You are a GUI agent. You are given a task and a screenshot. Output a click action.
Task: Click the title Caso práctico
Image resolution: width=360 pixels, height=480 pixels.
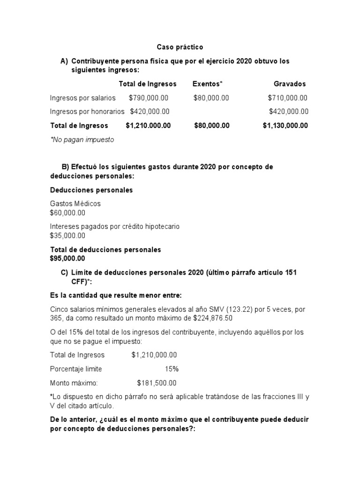pyautogui.click(x=180, y=47)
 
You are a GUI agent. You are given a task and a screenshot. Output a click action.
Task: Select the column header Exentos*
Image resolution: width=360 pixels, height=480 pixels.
pyautogui.click(x=207, y=84)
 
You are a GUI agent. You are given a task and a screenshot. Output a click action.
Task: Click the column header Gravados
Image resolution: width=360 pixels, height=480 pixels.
pyautogui.click(x=289, y=84)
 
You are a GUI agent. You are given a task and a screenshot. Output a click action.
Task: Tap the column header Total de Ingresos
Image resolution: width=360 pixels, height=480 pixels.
pyautogui.click(x=148, y=84)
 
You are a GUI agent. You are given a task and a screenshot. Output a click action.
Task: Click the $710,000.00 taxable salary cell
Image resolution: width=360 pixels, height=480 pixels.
pyautogui.click(x=287, y=98)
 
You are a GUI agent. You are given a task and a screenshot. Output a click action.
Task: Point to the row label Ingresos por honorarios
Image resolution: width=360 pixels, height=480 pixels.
pyautogui.click(x=87, y=112)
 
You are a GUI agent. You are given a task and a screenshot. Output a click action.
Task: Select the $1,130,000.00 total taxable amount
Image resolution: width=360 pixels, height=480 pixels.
pyautogui.click(x=285, y=126)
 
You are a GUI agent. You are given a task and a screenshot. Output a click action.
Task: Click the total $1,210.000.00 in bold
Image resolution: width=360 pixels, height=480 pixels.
pyautogui.click(x=148, y=126)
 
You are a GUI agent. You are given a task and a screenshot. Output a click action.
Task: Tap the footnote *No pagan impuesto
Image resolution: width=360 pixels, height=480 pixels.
pyautogui.click(x=82, y=140)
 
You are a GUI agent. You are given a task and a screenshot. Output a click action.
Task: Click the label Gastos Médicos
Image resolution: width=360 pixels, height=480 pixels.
pyautogui.click(x=75, y=204)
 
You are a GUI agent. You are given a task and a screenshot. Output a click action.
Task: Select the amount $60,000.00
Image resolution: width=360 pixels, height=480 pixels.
pyautogui.click(x=67, y=213)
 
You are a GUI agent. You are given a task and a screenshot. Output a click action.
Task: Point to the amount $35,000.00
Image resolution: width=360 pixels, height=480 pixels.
pyautogui.click(x=67, y=236)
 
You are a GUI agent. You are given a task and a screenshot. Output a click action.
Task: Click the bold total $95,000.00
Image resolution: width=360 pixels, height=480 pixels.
pyautogui.click(x=67, y=258)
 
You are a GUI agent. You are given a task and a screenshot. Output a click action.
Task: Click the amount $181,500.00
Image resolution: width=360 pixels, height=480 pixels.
pyautogui.click(x=157, y=383)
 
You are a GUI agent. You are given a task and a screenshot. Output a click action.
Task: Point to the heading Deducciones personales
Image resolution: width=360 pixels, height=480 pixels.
pyautogui.click(x=91, y=190)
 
